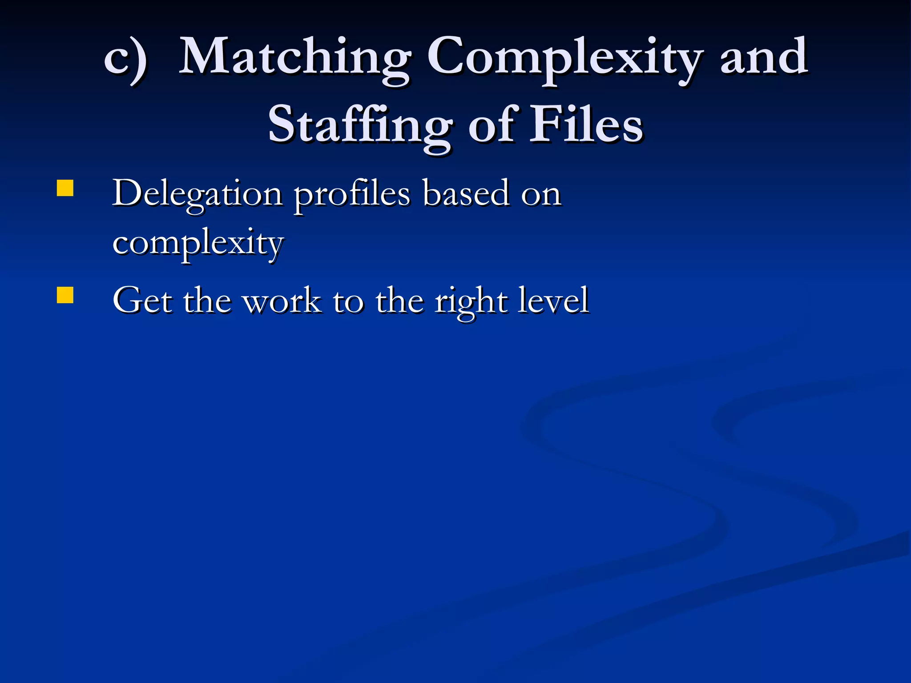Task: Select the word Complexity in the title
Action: click(565, 58)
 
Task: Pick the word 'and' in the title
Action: click(763, 58)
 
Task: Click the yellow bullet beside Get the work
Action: click(65, 295)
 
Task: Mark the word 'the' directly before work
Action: click(207, 301)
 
